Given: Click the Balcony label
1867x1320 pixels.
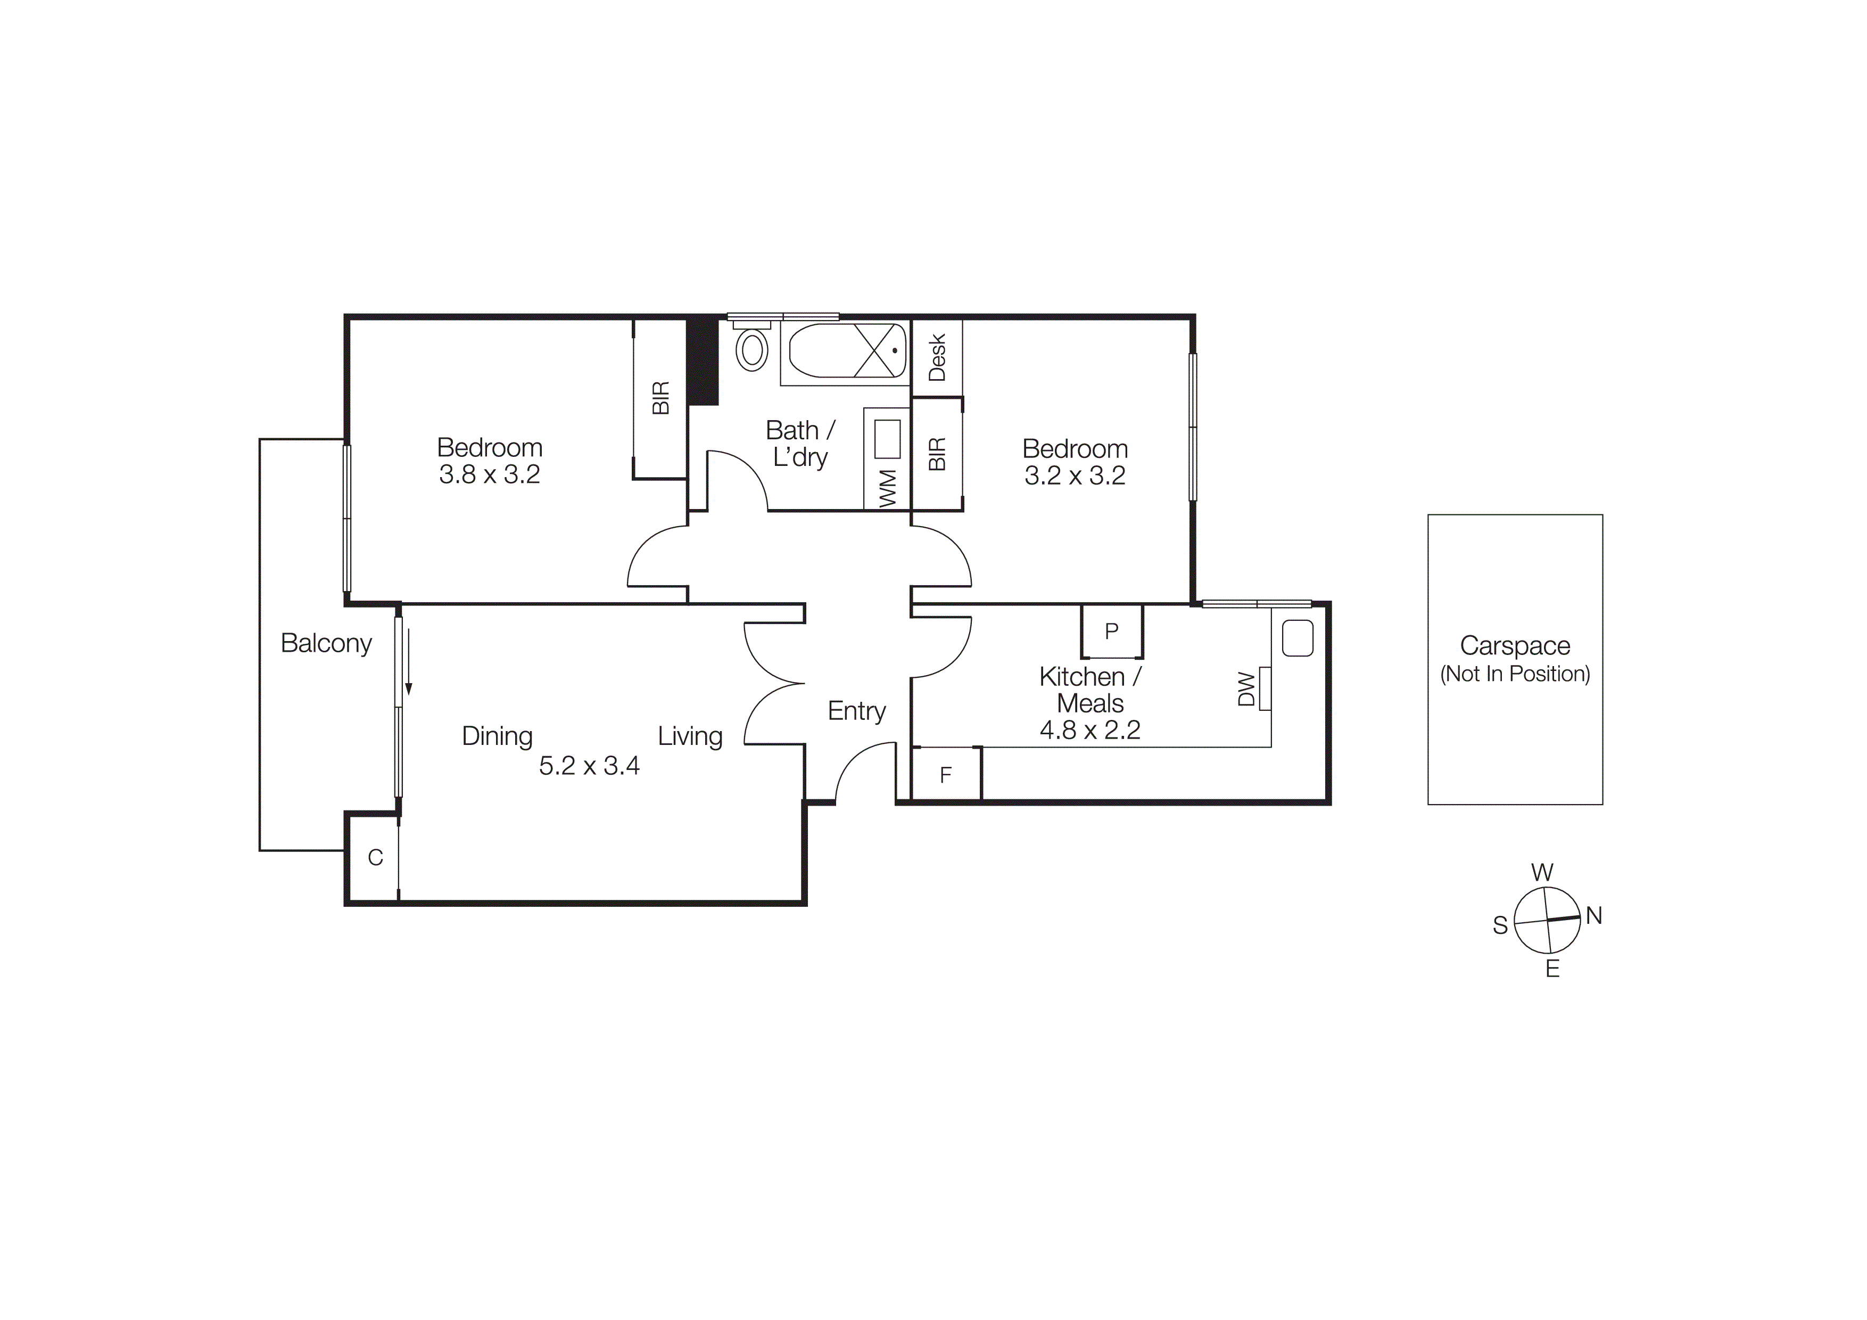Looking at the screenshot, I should [326, 643].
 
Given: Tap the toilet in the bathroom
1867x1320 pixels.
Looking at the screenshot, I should [752, 348].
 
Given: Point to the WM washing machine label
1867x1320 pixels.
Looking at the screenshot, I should [888, 488].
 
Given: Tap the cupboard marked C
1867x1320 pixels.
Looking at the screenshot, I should [375, 857].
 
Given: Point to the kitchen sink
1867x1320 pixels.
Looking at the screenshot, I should [1298, 638].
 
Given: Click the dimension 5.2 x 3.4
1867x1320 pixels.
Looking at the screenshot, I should [590, 765].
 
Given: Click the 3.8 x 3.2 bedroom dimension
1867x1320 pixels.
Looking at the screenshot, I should [490, 474].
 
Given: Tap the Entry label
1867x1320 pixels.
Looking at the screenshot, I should [856, 711].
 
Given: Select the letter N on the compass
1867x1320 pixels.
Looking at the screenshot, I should [1594, 916].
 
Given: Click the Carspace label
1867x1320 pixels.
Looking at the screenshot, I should [1515, 646].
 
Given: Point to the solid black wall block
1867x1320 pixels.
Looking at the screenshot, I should [703, 361].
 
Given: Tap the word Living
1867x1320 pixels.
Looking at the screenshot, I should [690, 736].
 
